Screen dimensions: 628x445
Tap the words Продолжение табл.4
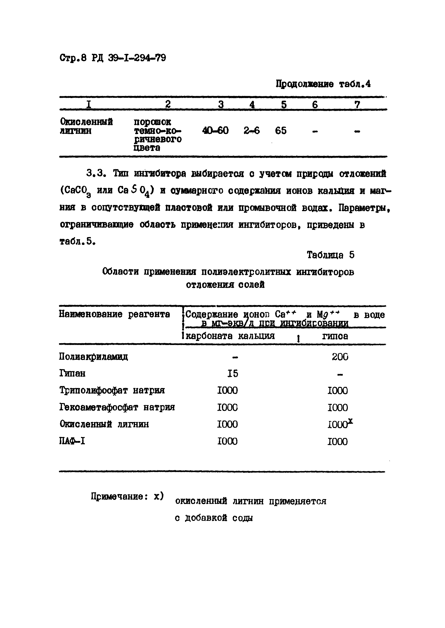coord(323,84)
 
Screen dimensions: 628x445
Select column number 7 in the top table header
coord(357,105)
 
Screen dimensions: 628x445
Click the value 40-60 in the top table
coord(215,130)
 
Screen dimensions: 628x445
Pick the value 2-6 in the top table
coord(251,130)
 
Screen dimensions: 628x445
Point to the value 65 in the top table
coord(281,130)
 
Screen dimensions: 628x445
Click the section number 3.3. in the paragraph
coord(96,174)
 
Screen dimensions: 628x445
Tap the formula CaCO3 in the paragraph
coord(76,191)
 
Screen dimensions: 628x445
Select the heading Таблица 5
coord(330,255)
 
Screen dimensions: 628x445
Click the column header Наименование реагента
coord(114,314)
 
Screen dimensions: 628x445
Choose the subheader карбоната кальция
coord(230,336)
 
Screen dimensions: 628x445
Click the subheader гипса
coord(335,336)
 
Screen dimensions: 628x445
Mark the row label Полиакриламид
coord(94,357)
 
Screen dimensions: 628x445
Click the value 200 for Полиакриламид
coord(340,357)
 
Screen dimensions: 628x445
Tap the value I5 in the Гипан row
coord(233,374)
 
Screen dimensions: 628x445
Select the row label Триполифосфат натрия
coord(112,390)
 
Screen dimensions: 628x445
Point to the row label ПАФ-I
coord(72,441)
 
